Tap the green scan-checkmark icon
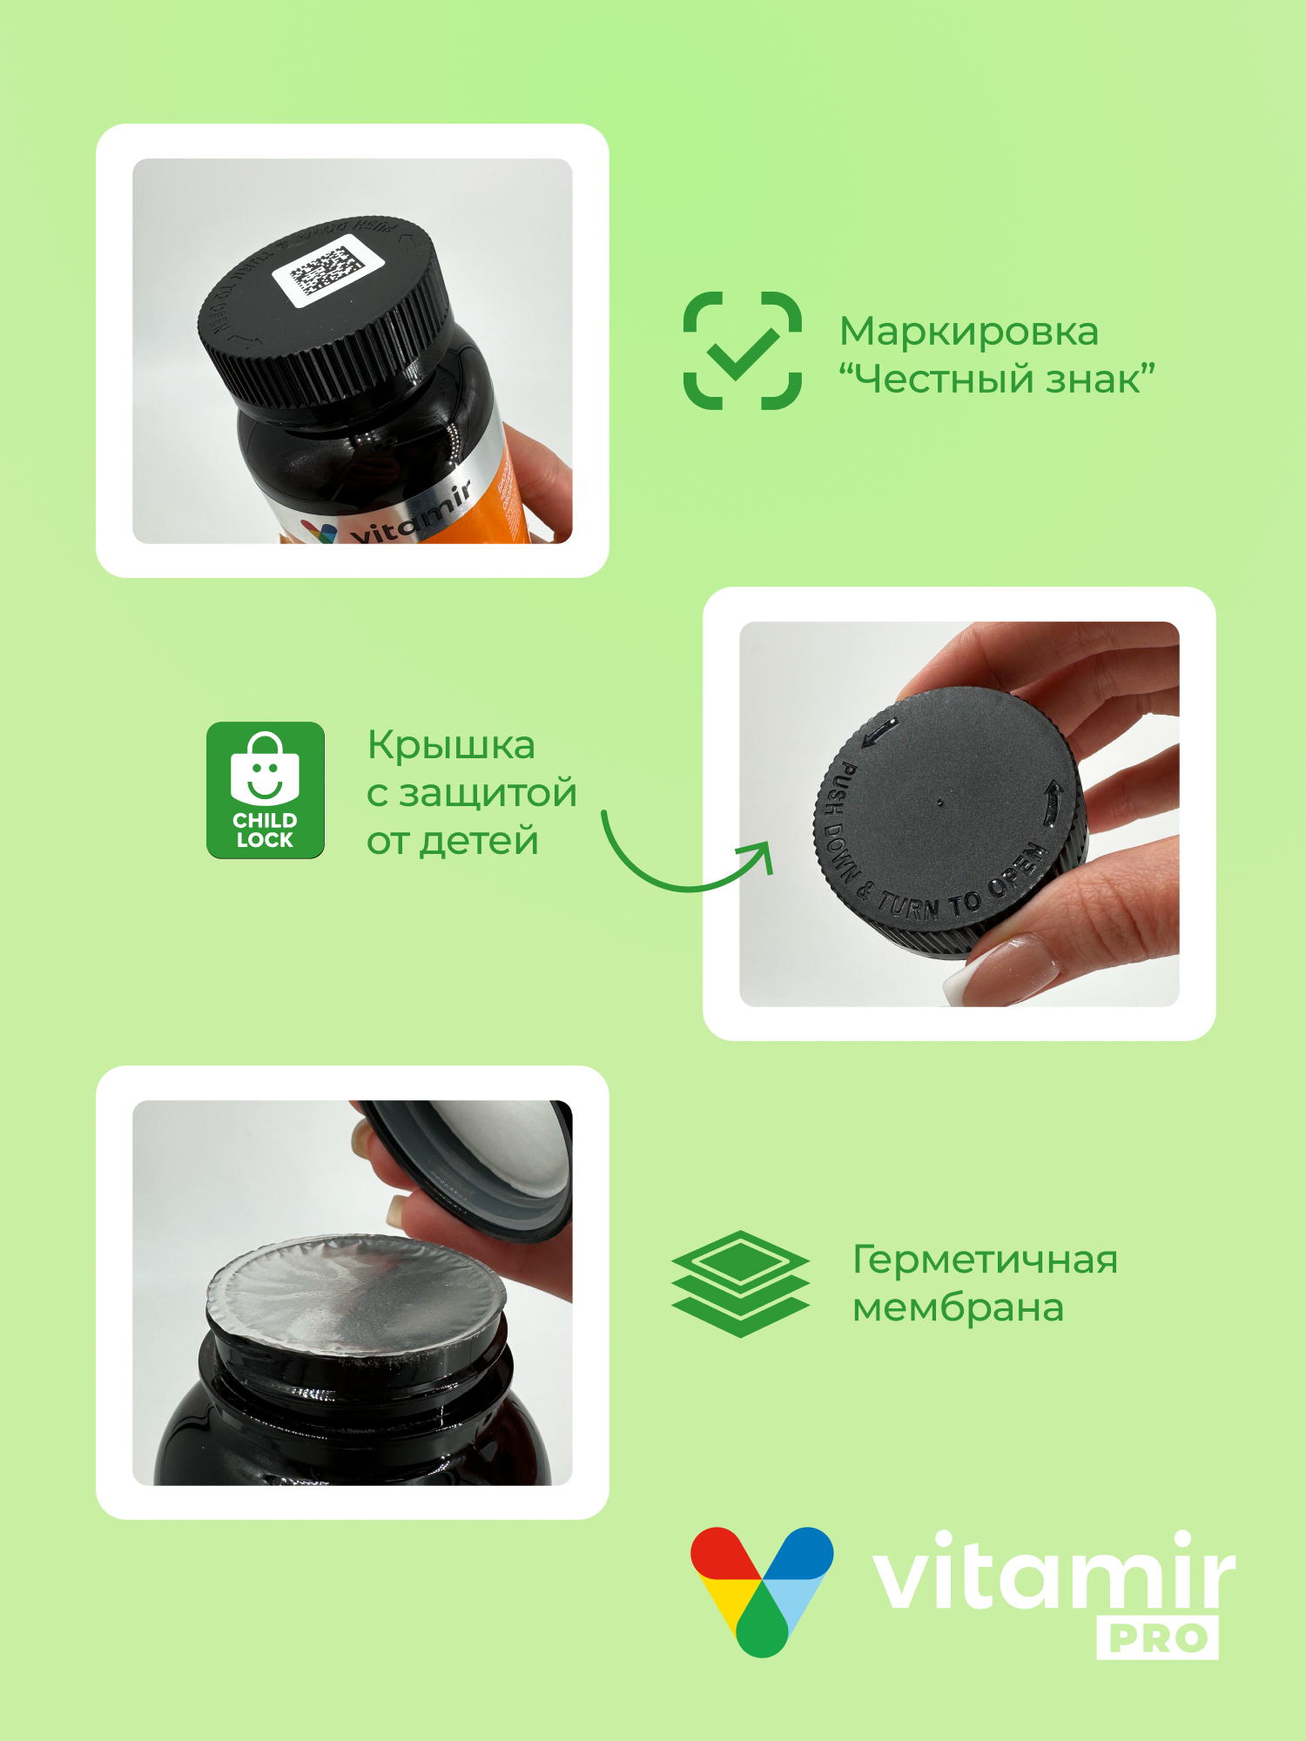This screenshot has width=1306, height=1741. tap(742, 351)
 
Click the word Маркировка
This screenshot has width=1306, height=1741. tap(968, 332)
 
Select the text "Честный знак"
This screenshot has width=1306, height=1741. tap(996, 380)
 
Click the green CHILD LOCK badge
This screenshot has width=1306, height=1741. tap(266, 790)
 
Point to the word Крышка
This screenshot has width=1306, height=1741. tap(451, 745)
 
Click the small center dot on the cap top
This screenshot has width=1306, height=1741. tap(939, 803)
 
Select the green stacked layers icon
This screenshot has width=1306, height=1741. tap(740, 1283)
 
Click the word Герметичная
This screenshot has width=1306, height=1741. tap(984, 1260)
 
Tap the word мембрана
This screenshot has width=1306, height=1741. tap(958, 1307)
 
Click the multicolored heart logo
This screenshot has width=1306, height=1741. tap(762, 1589)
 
